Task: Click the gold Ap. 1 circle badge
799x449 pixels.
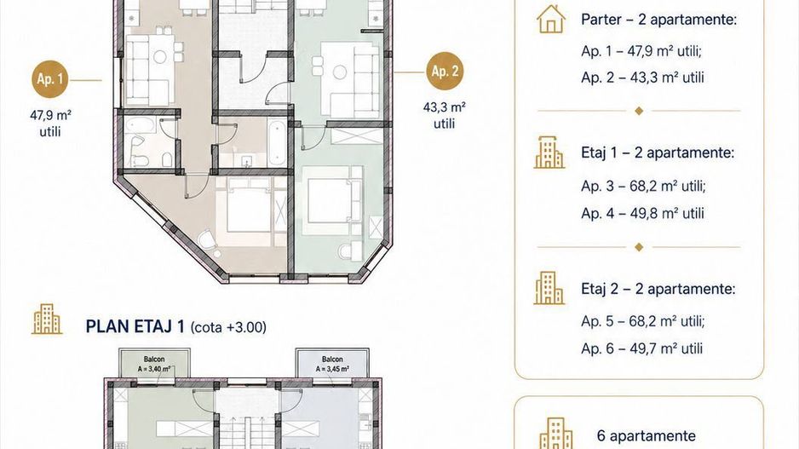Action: pos(50,79)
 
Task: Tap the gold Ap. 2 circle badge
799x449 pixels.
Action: pos(445,72)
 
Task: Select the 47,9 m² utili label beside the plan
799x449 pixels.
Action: pos(50,124)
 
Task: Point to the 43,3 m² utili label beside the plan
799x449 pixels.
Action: pos(445,115)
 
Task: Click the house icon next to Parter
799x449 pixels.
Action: pos(551,20)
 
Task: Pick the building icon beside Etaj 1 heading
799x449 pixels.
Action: pos(549,153)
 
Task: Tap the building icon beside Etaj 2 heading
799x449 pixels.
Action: pos(549,288)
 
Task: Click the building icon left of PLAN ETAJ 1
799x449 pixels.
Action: pos(47,319)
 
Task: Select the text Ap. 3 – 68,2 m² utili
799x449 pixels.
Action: pos(643,186)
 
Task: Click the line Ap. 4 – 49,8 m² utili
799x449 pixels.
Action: pos(642,213)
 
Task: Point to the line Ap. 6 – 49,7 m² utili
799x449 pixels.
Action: pos(641,348)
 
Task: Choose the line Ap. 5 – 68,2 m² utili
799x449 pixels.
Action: pos(642,321)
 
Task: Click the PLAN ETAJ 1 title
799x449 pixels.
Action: pos(135,326)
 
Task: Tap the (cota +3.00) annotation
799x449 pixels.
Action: pos(228,327)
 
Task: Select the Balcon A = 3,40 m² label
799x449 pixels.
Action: pos(154,365)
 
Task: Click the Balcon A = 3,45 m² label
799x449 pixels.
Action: pos(332,365)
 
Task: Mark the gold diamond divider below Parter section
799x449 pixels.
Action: pos(639,111)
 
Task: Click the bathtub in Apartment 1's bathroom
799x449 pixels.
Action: pos(141,125)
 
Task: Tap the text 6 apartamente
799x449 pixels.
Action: pos(647,435)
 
